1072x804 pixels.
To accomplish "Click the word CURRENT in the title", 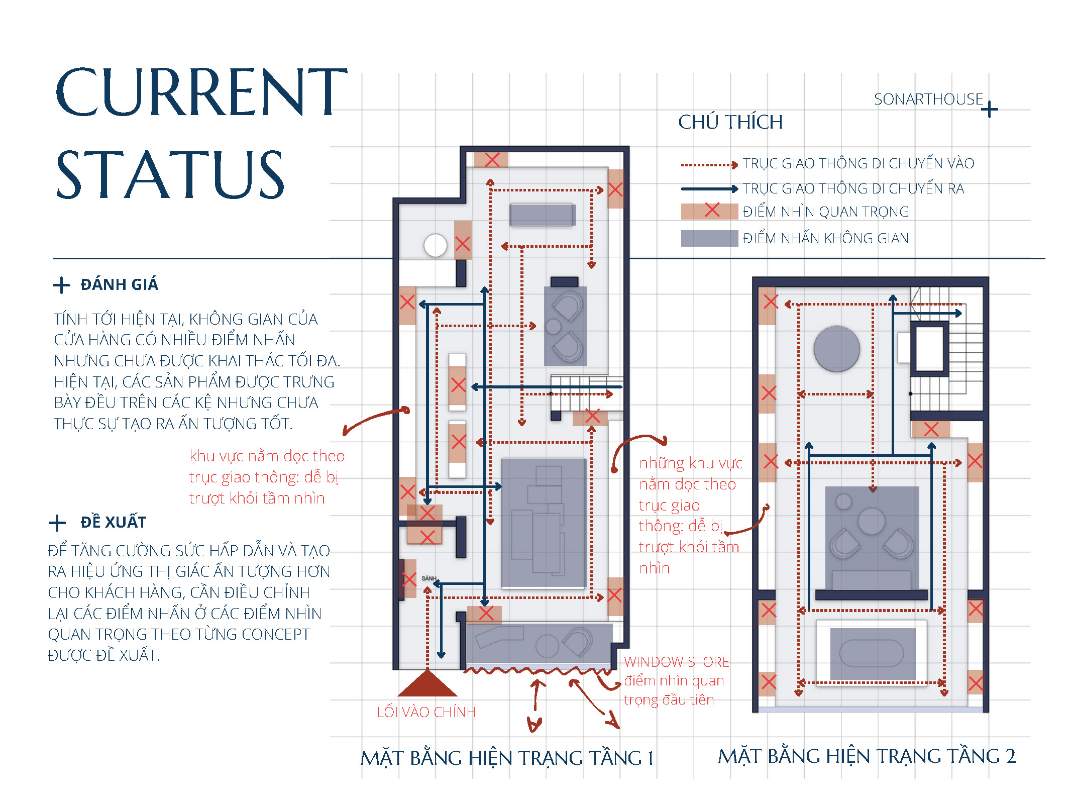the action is (x=201, y=92).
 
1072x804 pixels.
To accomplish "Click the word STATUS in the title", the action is (x=170, y=174).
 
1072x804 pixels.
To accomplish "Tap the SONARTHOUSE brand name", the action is (x=928, y=99).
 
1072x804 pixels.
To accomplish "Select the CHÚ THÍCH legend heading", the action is (x=730, y=122).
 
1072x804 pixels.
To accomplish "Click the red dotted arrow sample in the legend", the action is (x=709, y=164).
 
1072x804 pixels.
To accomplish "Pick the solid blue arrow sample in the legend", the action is (x=709, y=189).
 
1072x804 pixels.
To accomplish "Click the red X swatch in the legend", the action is (x=710, y=211).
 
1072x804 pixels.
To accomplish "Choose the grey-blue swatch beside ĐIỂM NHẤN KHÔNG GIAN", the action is (x=710, y=238).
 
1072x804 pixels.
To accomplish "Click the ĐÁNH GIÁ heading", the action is (x=119, y=284).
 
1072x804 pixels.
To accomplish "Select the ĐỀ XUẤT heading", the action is (x=114, y=522).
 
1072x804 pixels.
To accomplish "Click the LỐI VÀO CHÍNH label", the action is (x=426, y=712).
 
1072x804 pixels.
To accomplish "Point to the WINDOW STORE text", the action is (x=676, y=662).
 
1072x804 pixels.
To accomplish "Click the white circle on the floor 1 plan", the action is (x=435, y=246).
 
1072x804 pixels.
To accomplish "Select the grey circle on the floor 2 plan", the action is (x=836, y=349).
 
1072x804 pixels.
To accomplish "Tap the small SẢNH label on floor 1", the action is (x=428, y=578).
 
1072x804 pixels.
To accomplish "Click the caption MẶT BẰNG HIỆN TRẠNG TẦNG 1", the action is (x=507, y=758).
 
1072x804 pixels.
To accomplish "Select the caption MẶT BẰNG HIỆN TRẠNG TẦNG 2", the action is (x=867, y=756).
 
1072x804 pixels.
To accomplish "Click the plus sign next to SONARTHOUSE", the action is (x=990, y=109).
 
